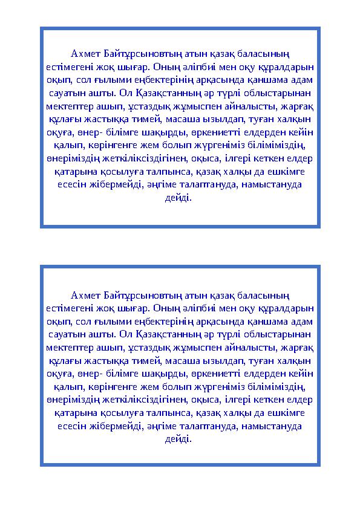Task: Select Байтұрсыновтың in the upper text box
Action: (130, 56)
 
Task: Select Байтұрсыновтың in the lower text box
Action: (130, 295)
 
